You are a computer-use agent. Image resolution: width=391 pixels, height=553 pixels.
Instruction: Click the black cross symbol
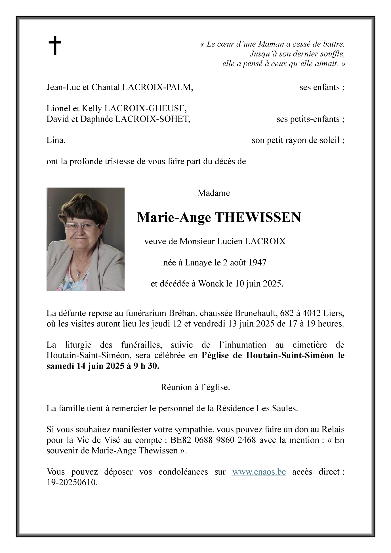(x=55, y=45)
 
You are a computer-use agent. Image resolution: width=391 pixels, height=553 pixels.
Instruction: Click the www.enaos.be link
(x=259, y=472)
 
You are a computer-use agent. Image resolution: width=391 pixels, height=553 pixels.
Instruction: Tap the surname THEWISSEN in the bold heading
(x=258, y=218)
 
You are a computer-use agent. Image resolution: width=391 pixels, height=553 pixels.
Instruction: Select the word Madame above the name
(x=214, y=193)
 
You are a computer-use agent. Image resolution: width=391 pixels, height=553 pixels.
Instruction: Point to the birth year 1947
(x=257, y=263)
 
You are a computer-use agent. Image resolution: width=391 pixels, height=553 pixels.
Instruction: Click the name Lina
(x=56, y=140)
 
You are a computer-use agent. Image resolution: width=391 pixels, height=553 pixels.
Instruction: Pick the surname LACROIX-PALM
(x=157, y=87)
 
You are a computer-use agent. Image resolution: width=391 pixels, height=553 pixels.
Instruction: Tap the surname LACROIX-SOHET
(x=152, y=119)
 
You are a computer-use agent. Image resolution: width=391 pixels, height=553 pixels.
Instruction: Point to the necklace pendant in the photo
(x=79, y=274)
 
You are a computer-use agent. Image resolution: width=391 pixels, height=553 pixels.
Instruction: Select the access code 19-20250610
(x=72, y=482)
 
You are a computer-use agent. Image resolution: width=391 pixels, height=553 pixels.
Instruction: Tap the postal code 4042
(x=312, y=314)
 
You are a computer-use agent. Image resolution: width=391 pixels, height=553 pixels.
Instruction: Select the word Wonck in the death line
(x=211, y=284)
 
